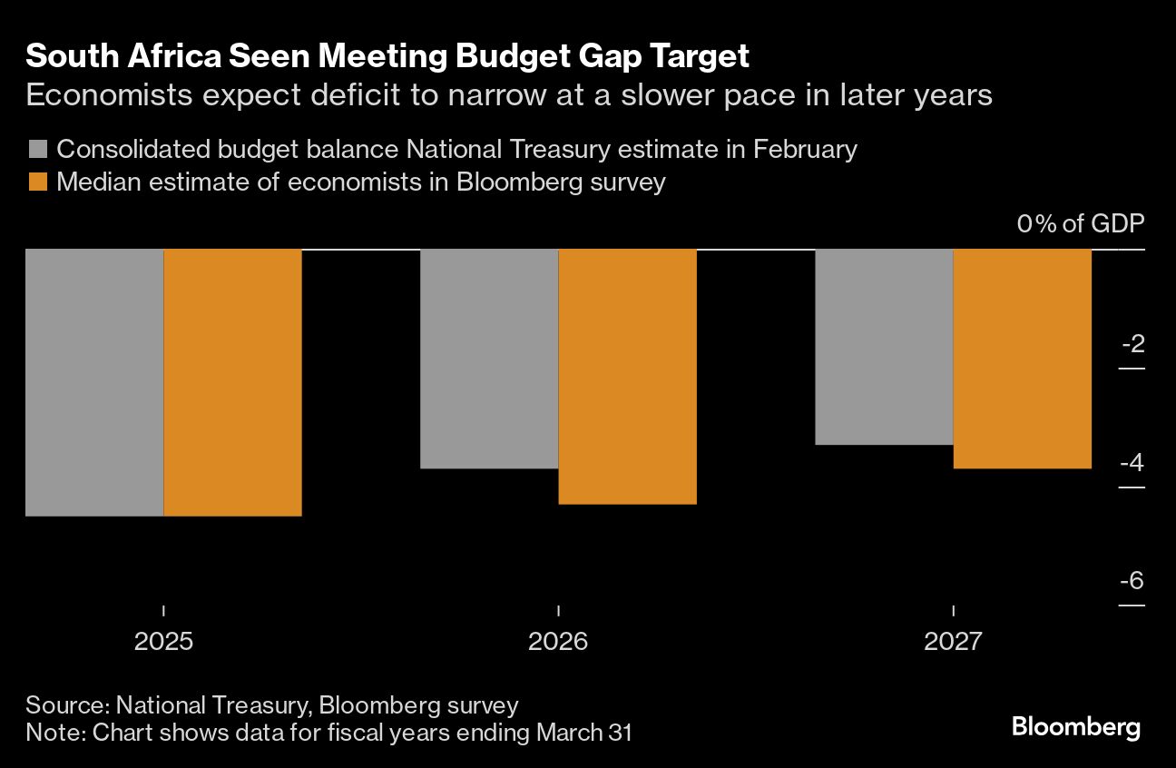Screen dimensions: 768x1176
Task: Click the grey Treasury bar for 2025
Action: click(x=94, y=382)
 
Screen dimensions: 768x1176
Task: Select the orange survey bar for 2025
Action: click(x=232, y=382)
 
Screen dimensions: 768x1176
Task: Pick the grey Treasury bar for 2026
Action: click(x=489, y=359)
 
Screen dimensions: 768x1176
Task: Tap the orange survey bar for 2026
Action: click(x=627, y=376)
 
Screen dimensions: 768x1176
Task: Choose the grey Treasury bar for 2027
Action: click(x=884, y=347)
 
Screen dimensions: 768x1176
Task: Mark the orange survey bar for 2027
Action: click(x=1022, y=359)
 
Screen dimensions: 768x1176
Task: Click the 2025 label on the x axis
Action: click(x=163, y=642)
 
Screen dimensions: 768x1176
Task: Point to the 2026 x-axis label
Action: click(x=558, y=642)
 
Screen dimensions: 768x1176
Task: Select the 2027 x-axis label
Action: click(x=953, y=642)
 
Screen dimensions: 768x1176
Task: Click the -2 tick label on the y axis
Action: click(x=1132, y=344)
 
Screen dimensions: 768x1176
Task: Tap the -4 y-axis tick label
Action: click(x=1132, y=463)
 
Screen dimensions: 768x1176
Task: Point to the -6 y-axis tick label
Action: click(x=1132, y=581)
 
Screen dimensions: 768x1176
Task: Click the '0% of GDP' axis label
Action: click(x=1081, y=224)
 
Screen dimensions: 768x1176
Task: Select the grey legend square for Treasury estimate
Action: click(x=37, y=149)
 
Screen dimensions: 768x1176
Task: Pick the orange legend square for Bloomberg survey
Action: click(x=37, y=182)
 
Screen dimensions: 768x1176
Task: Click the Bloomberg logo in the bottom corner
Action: click(x=1075, y=727)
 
